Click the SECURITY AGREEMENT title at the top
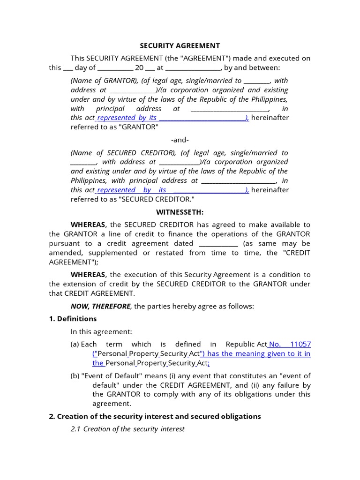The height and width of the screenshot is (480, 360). (180, 46)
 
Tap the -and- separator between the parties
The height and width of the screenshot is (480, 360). (180, 140)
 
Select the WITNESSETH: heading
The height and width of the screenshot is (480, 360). (180, 212)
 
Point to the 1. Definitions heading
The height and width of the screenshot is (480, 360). (73, 319)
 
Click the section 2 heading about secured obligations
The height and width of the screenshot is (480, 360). (155, 416)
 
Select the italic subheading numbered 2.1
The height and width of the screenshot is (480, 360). (127, 429)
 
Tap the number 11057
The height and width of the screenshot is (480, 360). (300, 344)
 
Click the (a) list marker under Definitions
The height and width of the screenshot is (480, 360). (75, 344)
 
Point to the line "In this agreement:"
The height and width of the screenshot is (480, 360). (101, 331)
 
